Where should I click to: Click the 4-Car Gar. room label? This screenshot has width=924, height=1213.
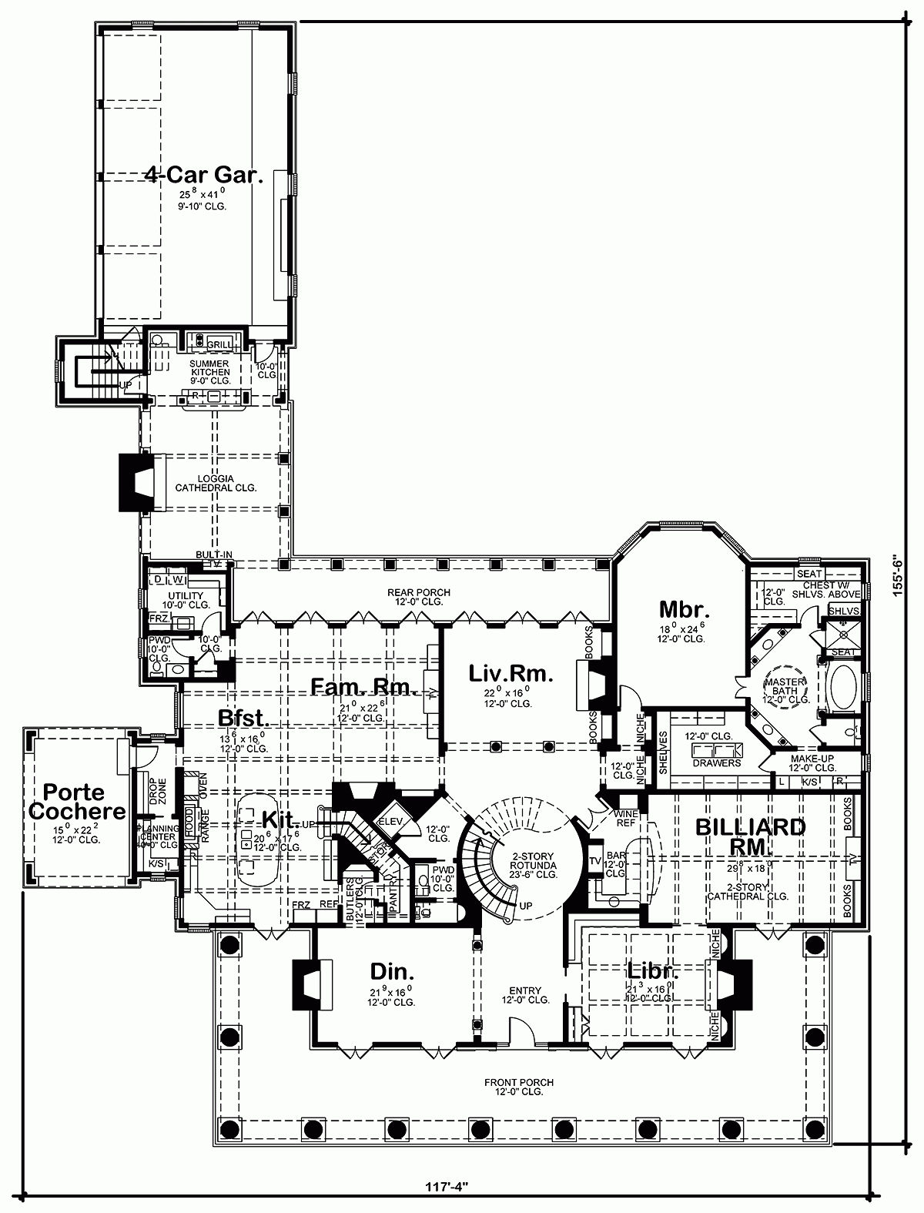[x=204, y=175]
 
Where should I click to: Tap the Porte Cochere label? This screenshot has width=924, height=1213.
[x=84, y=801]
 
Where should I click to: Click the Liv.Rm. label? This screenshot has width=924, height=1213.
[x=511, y=675]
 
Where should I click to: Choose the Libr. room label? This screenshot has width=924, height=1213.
[x=651, y=970]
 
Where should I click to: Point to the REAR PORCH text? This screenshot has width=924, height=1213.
[x=418, y=592]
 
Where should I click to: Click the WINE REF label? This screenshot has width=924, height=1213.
[x=624, y=818]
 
